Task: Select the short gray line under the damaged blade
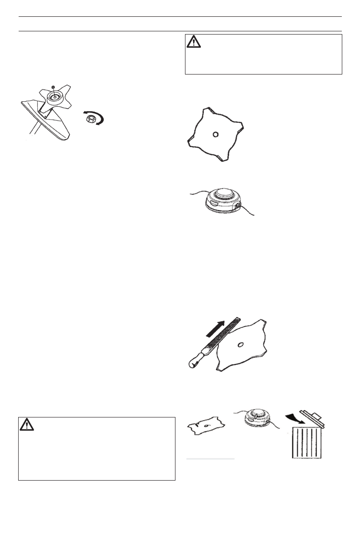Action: (x=210, y=459)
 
